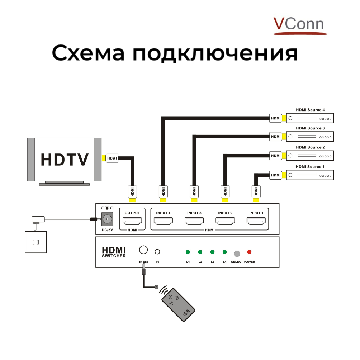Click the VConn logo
(x=299, y=25)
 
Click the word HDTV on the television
(x=65, y=160)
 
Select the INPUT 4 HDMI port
(x=163, y=221)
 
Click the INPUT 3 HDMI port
(x=194, y=221)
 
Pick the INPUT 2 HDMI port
(x=225, y=221)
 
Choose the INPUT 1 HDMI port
(x=256, y=221)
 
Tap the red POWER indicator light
(x=249, y=252)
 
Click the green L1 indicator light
(x=188, y=252)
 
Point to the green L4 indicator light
(x=224, y=252)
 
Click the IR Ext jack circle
(x=143, y=250)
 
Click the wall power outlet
(x=35, y=242)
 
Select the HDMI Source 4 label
(x=310, y=110)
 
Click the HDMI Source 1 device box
(x=310, y=175)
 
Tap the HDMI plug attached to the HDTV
(x=112, y=158)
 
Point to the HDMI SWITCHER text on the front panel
(x=114, y=252)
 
